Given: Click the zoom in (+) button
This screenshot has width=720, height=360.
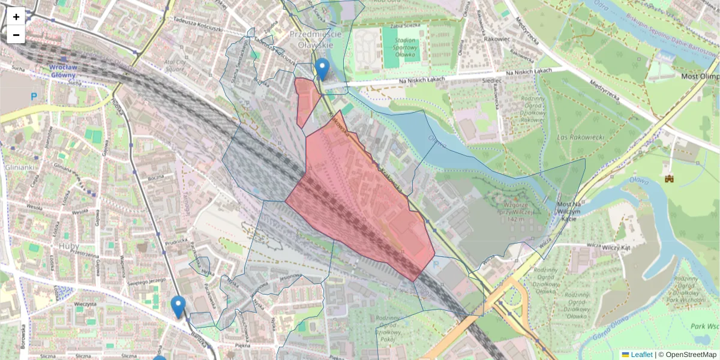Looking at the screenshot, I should point(16,17).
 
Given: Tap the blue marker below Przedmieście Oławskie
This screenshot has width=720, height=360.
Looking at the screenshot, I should point(322,68).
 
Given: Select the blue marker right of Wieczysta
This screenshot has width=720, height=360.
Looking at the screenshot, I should point(178,306).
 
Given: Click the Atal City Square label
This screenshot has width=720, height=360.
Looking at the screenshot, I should point(172,65).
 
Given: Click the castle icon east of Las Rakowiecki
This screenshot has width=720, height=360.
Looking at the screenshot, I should point(669,178).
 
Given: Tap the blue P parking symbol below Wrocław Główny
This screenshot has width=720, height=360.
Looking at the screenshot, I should point(34,95).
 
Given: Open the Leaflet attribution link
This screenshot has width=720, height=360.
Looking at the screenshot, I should point(641,355).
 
